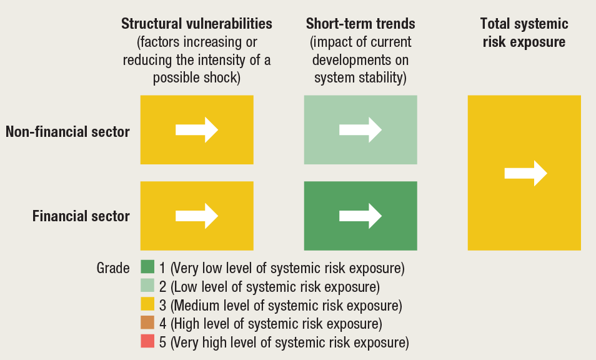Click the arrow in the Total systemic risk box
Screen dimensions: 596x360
pos(525,173)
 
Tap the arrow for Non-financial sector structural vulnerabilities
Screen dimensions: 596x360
pos(197,130)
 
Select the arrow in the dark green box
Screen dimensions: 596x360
pos(360,216)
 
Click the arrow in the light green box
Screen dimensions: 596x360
pos(360,130)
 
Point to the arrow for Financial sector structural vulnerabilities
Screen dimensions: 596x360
pos(197,216)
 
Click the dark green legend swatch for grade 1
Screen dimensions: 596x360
pos(147,267)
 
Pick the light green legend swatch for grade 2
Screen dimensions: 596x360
pos(147,286)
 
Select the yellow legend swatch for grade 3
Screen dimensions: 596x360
pos(147,304)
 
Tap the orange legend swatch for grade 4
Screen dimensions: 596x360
pos(147,322)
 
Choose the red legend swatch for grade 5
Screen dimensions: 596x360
pos(147,341)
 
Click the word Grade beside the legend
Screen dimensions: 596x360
pos(113,268)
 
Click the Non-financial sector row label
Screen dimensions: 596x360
pos(67,132)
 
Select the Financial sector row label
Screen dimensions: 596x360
pos(81,216)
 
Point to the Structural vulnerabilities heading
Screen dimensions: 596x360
pos(197,24)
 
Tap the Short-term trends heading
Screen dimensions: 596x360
pos(360,24)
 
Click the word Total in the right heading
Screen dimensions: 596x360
pos(494,24)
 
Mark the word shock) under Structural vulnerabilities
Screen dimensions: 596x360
pos(222,78)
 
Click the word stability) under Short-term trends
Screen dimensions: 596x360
pos(382,78)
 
